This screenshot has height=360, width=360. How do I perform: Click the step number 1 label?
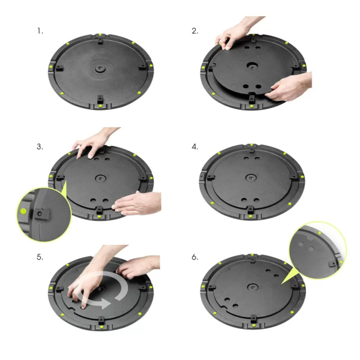pyautogui.click(x=40, y=30)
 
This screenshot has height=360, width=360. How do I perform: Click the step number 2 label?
pyautogui.click(x=194, y=30)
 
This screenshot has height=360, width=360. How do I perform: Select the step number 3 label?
pyautogui.click(x=40, y=146)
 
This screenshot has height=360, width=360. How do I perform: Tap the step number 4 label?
pyautogui.click(x=194, y=146)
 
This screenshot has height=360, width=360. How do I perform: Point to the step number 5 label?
pyautogui.click(x=40, y=256)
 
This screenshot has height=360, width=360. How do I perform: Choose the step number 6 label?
pyautogui.click(x=194, y=256)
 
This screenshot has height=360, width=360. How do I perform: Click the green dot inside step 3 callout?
pyautogui.click(x=23, y=212)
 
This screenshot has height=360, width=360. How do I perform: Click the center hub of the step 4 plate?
pyautogui.click(x=250, y=178)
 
